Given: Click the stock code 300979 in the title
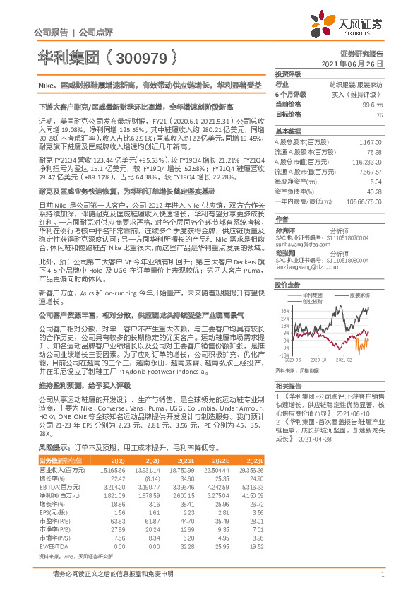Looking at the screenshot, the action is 145,55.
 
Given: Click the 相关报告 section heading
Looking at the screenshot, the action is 288,386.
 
